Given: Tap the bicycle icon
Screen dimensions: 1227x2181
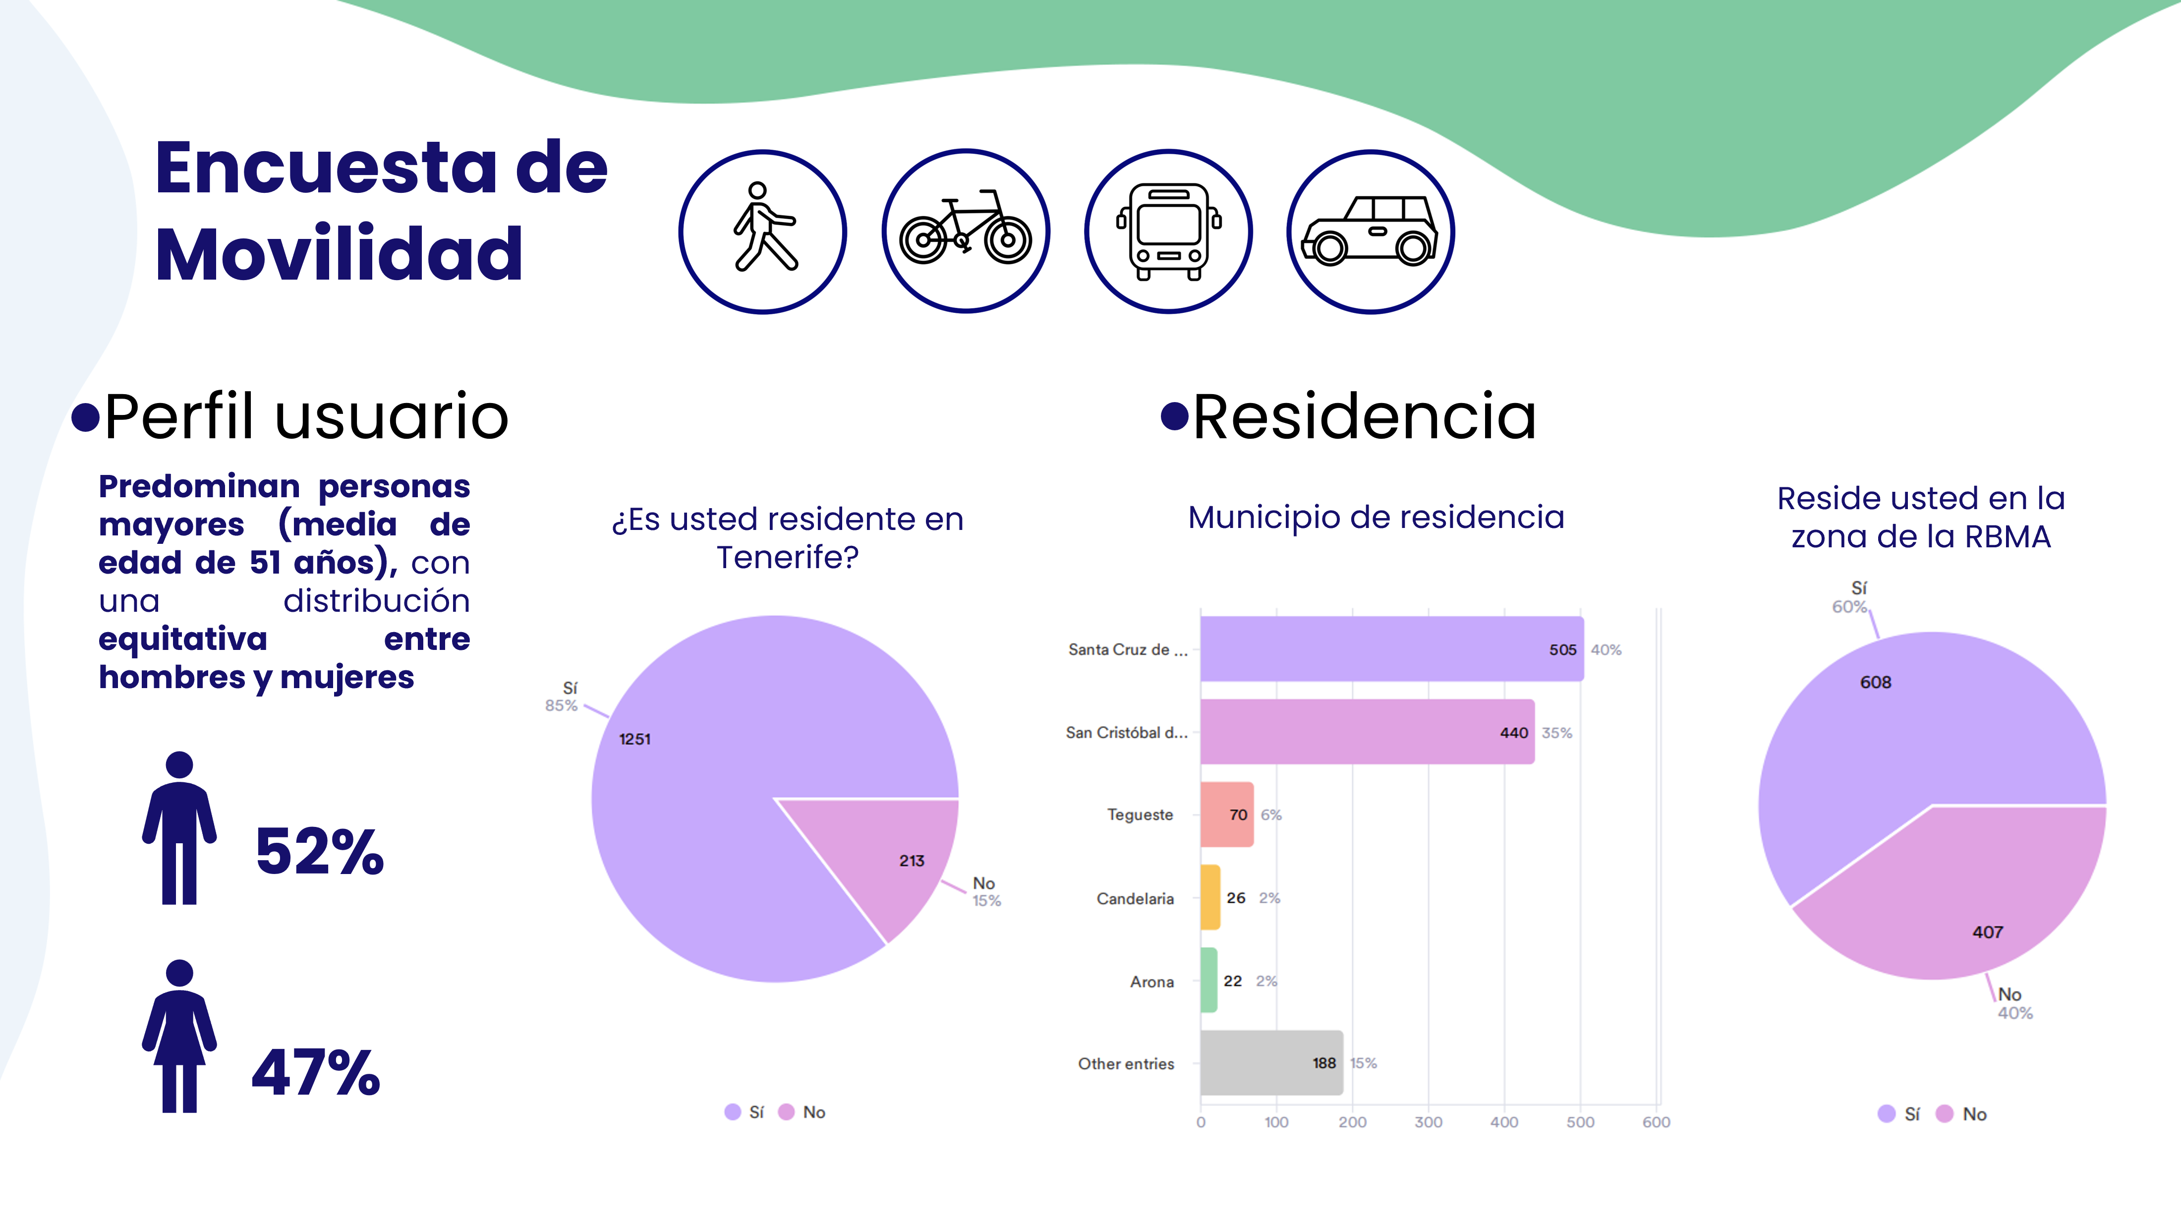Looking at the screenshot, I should [x=965, y=232].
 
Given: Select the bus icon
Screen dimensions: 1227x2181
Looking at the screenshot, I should [x=1168, y=232].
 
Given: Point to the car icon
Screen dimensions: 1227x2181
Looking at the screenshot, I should [x=1370, y=232].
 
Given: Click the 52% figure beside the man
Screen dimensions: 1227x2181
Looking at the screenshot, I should [x=319, y=851].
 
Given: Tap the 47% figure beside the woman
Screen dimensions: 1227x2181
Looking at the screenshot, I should [x=316, y=1072].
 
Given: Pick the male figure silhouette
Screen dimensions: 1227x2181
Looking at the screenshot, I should [x=178, y=828].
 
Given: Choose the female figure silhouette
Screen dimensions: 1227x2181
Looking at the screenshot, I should [x=178, y=1037].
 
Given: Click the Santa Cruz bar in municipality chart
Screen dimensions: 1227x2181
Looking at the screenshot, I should [x=1390, y=648].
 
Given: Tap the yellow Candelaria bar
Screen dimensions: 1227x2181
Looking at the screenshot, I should [x=1210, y=898].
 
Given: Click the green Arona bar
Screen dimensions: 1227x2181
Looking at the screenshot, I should [x=1208, y=981].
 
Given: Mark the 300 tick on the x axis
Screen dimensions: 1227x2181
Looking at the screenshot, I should [x=1429, y=1122].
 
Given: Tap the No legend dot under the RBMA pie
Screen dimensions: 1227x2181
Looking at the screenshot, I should [x=1945, y=1113].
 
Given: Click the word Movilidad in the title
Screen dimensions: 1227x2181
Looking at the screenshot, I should [x=339, y=254].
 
